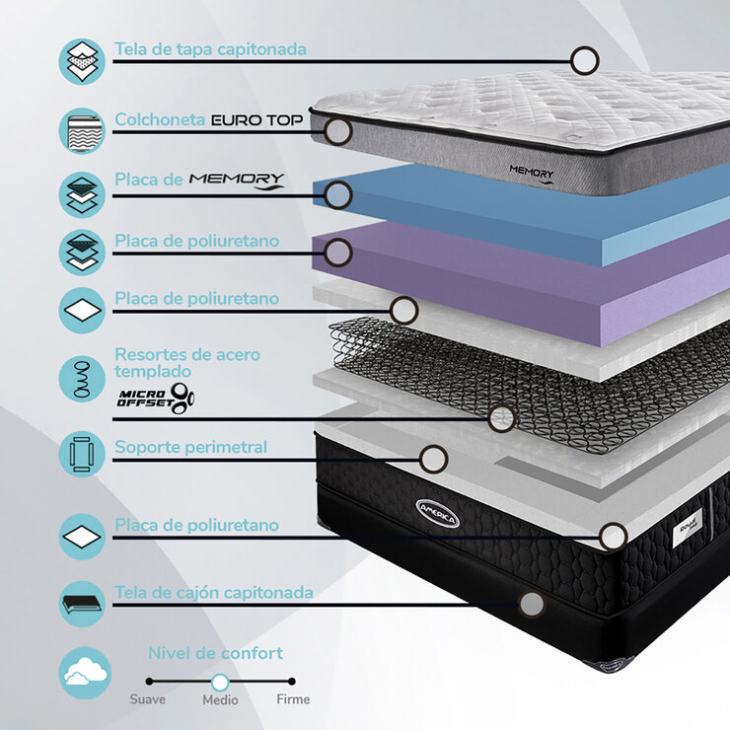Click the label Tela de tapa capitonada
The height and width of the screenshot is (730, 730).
pos(210,48)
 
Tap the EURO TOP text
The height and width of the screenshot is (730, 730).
pos(257,120)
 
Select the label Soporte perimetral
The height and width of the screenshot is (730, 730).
pos(190,447)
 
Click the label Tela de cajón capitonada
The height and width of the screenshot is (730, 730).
pos(214,593)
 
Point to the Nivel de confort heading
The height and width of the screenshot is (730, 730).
pos(215,653)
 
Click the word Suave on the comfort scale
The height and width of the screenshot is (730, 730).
pos(148,699)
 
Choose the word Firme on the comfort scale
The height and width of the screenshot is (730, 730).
pos(293,699)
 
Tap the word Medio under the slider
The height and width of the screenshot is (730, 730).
pos(220,699)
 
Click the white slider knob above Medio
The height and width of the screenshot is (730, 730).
pos(220,682)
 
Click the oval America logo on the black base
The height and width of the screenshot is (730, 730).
pos(437,513)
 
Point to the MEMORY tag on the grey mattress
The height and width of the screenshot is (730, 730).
pos(532,171)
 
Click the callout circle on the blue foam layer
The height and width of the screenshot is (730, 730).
pos(338,194)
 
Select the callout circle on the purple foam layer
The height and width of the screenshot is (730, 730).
pos(338,253)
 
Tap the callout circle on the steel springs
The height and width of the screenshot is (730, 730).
pos(502,418)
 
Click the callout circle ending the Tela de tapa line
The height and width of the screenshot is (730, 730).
pos(585,60)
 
